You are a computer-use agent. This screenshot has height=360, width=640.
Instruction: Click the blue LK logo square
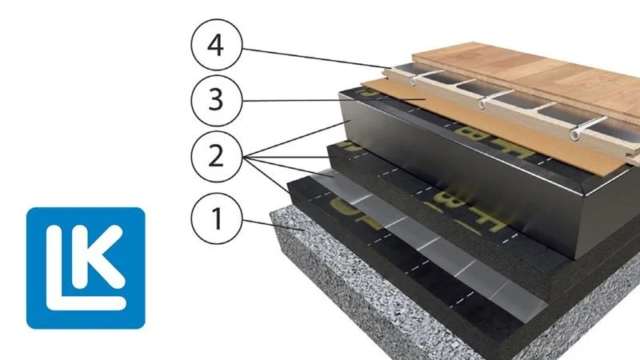tap(86, 267)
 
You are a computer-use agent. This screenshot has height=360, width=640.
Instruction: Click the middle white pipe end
tap(482, 104)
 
